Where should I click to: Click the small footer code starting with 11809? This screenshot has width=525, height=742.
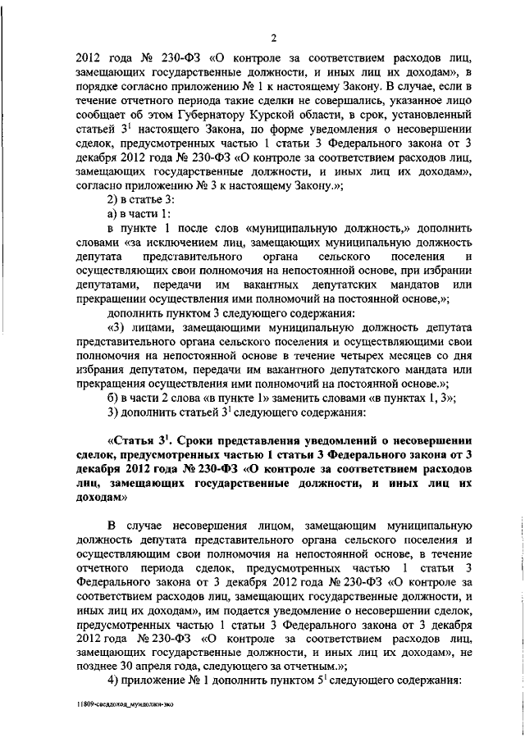(x=121, y=703)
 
